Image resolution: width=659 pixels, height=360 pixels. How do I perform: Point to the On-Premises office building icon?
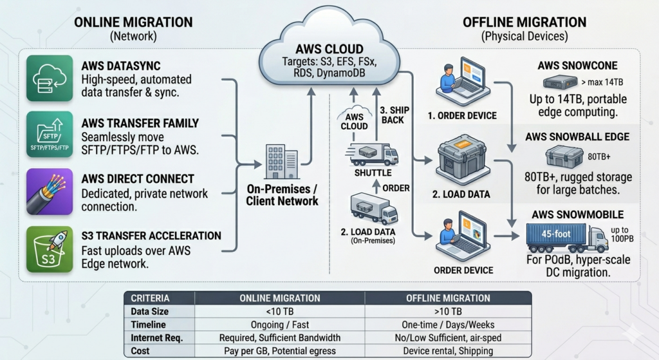point(281,162)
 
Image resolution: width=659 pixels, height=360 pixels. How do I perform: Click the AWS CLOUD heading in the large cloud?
point(329,50)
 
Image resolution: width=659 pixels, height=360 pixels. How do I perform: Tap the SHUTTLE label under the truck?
point(372,173)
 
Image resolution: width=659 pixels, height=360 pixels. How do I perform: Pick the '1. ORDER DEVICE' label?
point(464,116)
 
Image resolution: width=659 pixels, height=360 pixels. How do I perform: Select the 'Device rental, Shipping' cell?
point(448,350)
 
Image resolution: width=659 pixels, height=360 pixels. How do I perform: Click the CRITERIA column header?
point(150,298)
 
